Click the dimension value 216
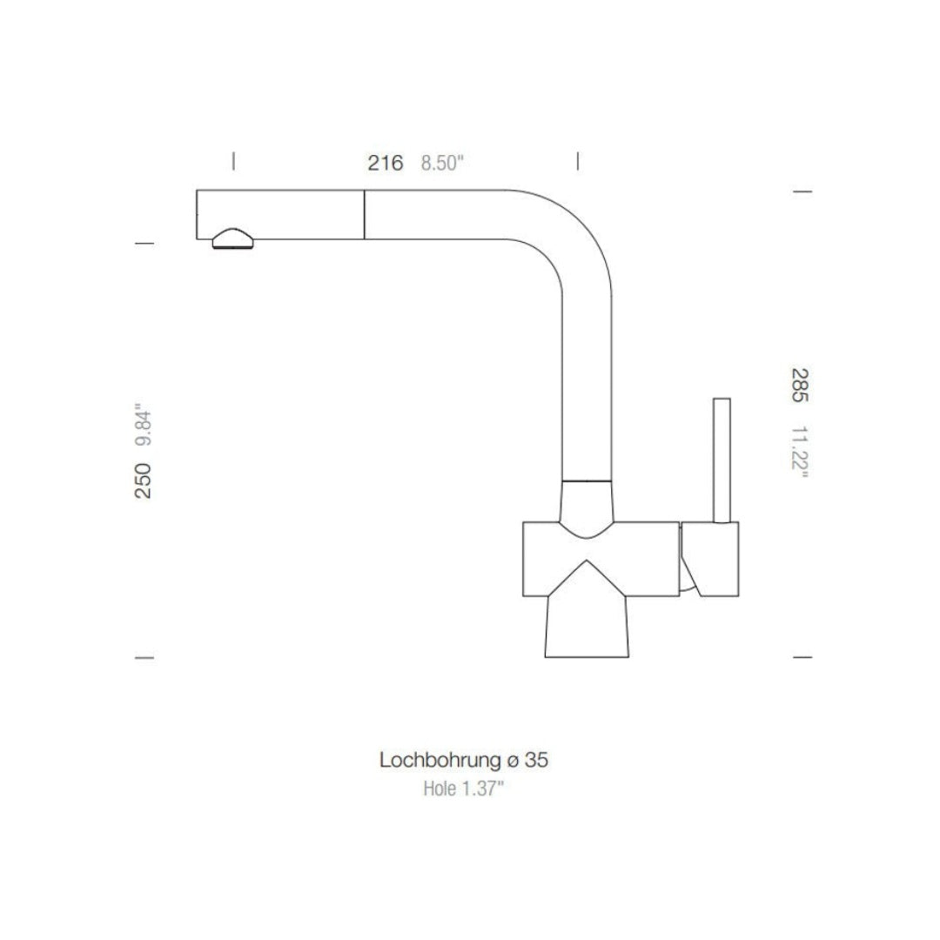tap(385, 163)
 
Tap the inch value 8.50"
tap(443, 164)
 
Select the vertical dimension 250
tap(143, 480)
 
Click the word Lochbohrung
tap(438, 760)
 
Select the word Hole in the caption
tap(440, 789)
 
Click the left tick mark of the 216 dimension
tap(233, 161)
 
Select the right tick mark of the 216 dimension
tap(578, 161)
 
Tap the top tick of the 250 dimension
tap(145, 244)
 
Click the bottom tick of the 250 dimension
tap(145, 657)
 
